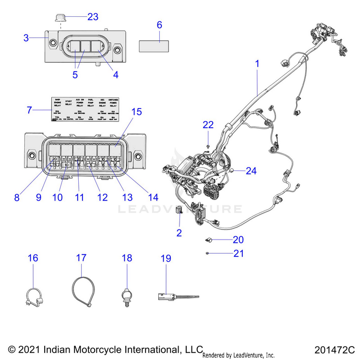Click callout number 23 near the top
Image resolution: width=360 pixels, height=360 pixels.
pyautogui.click(x=93, y=17)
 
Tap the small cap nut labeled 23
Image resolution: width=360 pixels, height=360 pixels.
pyautogui.click(x=60, y=18)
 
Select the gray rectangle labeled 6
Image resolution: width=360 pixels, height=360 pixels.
pyautogui.click(x=154, y=46)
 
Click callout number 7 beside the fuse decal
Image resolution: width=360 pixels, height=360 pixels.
pyautogui.click(x=29, y=110)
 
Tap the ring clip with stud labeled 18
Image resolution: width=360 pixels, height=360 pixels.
pyautogui.click(x=127, y=292)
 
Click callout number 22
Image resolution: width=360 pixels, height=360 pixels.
pyautogui.click(x=207, y=125)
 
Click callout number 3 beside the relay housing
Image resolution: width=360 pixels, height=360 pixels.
pyautogui.click(x=26, y=37)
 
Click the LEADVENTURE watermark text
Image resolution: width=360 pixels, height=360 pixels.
pyautogui.click(x=180, y=209)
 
